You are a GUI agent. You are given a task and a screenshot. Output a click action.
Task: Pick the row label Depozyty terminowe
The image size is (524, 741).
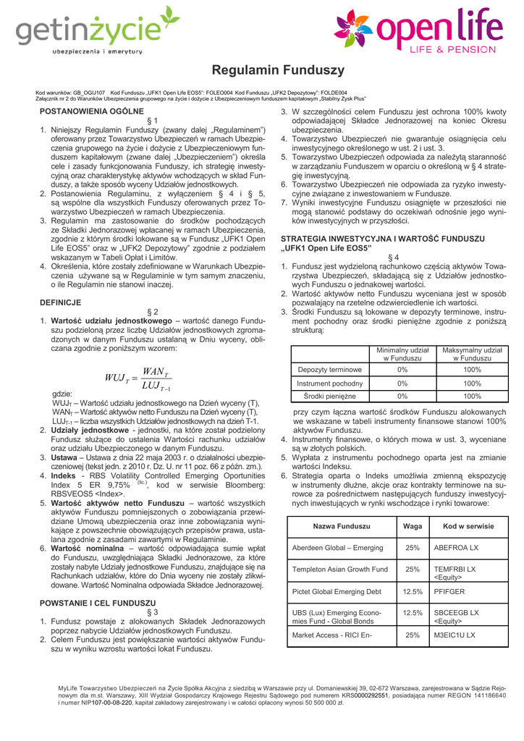tap(330, 370)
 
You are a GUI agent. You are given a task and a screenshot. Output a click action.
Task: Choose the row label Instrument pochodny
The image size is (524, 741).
tap(330, 384)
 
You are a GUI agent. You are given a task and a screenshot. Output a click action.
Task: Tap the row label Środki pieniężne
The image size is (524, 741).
tap(330, 397)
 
